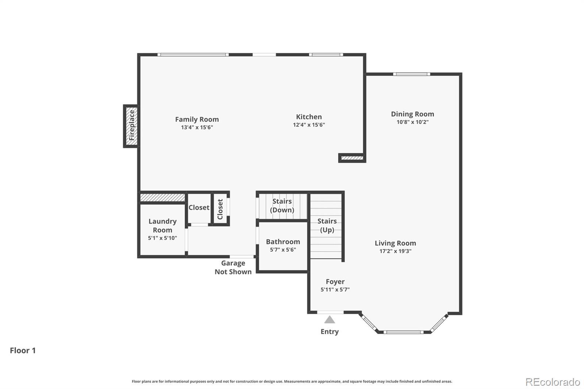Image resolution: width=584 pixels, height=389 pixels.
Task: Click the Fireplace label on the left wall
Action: (132, 126)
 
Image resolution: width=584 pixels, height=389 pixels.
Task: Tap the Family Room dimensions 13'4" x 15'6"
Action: (197, 127)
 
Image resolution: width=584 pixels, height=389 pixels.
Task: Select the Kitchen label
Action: (309, 117)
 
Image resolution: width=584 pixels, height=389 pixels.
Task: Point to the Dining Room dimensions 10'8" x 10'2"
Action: (412, 122)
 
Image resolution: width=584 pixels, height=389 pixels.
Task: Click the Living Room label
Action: (395, 243)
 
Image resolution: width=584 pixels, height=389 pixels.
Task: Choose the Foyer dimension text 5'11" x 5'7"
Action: (335, 289)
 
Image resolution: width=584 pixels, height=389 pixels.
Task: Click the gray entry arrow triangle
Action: (330, 320)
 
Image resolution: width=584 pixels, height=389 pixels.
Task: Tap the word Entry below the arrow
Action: (330, 331)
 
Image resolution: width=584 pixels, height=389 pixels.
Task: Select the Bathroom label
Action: (283, 242)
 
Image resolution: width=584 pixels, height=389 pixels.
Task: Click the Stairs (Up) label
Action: (327, 225)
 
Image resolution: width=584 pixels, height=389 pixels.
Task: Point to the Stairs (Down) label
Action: (282, 205)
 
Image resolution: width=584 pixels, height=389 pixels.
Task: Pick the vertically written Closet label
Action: (220, 209)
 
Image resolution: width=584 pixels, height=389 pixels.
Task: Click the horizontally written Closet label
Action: (199, 207)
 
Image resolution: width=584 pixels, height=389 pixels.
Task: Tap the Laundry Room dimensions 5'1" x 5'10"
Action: (162, 238)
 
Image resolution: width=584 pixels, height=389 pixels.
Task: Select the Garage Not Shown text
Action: (233, 267)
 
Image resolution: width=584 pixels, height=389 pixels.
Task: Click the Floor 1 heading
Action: (23, 350)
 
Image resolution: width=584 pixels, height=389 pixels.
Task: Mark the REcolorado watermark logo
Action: (553, 382)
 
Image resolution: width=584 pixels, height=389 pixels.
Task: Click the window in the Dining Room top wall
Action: (411, 74)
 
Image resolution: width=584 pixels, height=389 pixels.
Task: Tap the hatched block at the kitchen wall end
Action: (352, 158)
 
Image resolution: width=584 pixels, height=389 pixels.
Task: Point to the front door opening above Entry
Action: (330, 312)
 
